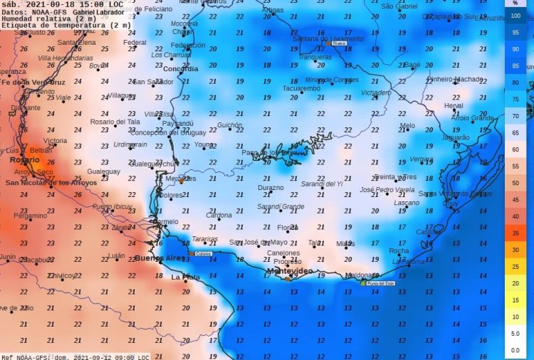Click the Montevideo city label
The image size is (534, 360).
click(289, 271)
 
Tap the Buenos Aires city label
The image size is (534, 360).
click(158, 258)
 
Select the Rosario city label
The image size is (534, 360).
click(24, 160)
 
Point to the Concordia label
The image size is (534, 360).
click(181, 69)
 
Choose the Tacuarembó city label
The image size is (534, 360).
click(301, 89)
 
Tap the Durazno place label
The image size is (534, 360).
click(271, 188)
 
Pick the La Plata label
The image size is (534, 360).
click(185, 277)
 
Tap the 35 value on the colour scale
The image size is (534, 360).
click(515, 233)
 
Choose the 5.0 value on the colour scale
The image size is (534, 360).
click(515, 334)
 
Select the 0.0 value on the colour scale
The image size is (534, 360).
click(515, 351)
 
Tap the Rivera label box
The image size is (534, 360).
click(339, 43)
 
